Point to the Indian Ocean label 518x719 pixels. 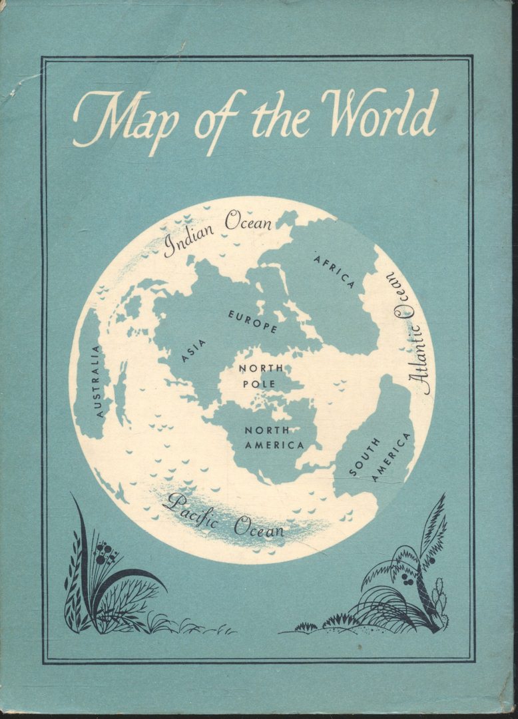click(x=218, y=232)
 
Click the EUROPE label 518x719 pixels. click(x=253, y=320)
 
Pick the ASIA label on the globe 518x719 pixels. click(x=194, y=351)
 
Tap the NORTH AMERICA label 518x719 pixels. click(x=273, y=437)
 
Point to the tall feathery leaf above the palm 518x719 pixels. click(x=432, y=526)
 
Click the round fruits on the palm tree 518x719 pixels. click(x=407, y=579)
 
